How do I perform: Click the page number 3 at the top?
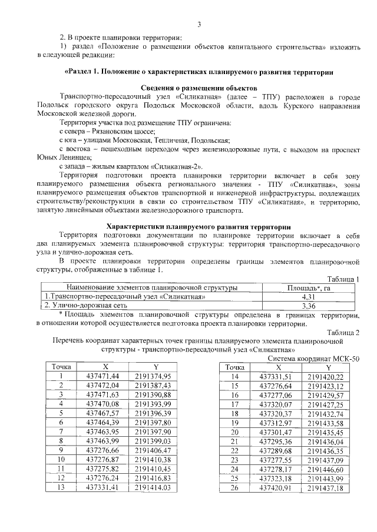point(199,24)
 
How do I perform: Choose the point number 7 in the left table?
point(61,431)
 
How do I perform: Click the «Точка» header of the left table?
point(61,366)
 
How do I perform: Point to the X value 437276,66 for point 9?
point(102,450)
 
